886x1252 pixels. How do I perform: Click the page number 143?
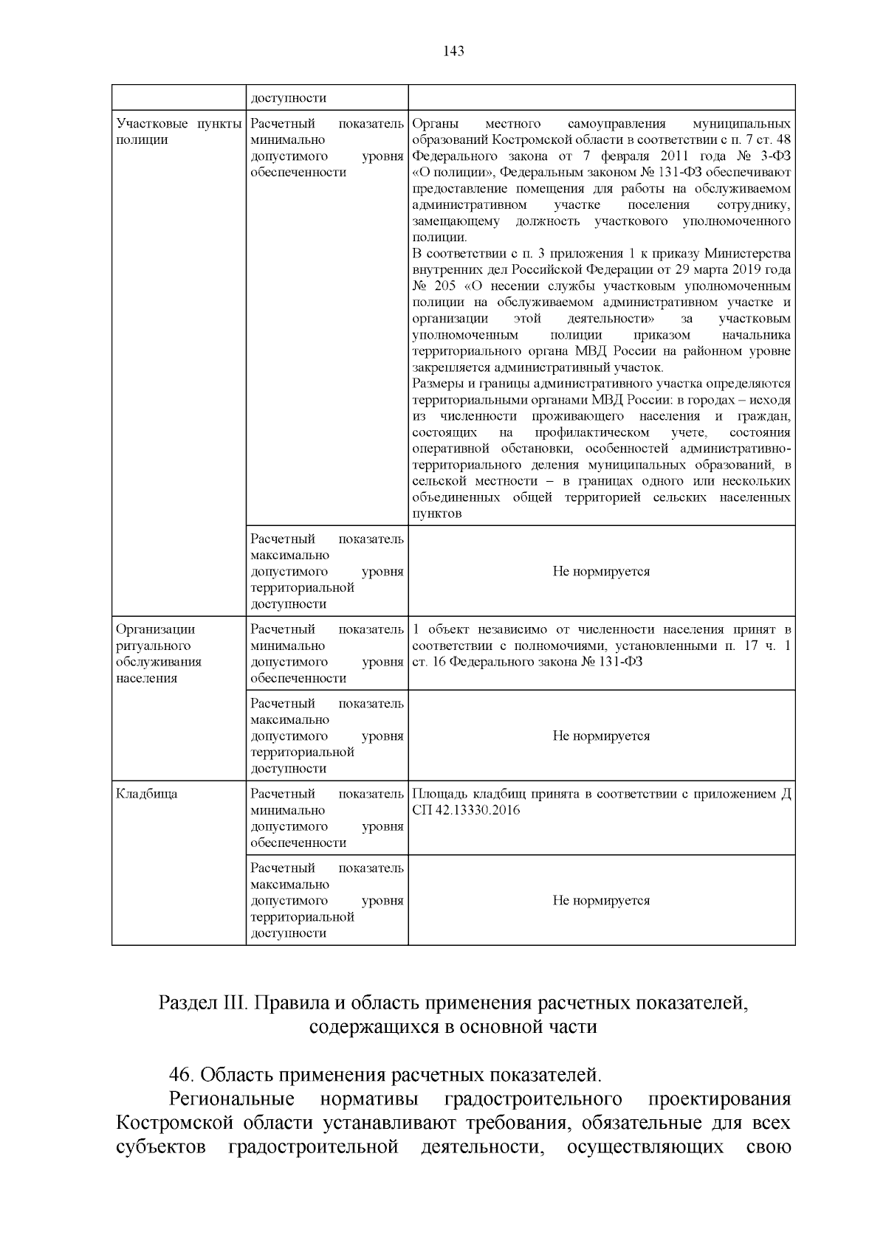pyautogui.click(x=453, y=51)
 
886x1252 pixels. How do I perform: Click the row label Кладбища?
pyautogui.click(x=147, y=795)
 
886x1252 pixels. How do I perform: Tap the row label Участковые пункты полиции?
pyautogui.click(x=179, y=131)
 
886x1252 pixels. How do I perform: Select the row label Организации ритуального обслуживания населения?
pyautogui.click(x=158, y=654)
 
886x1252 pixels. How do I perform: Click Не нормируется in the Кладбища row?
pyautogui.click(x=601, y=900)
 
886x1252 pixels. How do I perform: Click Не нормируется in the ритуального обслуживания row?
pyautogui.click(x=601, y=736)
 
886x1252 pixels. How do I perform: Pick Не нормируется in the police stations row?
pyautogui.click(x=601, y=571)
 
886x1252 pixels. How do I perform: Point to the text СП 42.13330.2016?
pyautogui.click(x=466, y=810)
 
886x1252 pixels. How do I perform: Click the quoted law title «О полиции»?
pyautogui.click(x=450, y=173)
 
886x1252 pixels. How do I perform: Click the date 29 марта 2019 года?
pyautogui.click(x=733, y=270)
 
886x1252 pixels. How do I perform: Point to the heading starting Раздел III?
pyautogui.click(x=453, y=1003)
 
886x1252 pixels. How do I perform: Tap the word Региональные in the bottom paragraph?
pyautogui.click(x=232, y=1099)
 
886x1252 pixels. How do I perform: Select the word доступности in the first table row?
pyautogui.click(x=288, y=98)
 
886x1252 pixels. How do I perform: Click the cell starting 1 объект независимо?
pyautogui.click(x=601, y=646)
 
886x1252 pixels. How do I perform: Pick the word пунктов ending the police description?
pyautogui.click(x=437, y=514)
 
